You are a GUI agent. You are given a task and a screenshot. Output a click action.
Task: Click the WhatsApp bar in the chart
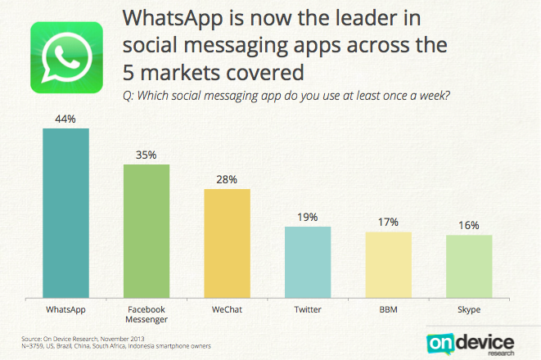pyautogui.click(x=65, y=215)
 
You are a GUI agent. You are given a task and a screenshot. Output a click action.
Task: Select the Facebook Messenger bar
pyautogui.click(x=147, y=233)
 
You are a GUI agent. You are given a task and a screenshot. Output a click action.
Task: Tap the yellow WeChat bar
pyautogui.click(x=227, y=245)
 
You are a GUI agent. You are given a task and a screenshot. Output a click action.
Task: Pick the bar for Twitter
pyautogui.click(x=308, y=264)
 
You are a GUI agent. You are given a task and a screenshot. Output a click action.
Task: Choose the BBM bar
pyautogui.click(x=388, y=268)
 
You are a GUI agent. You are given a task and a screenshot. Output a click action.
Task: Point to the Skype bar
pyautogui.click(x=469, y=269)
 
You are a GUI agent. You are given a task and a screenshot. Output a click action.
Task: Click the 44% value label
pyautogui.click(x=65, y=119)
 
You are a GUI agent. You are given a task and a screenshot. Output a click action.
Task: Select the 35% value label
pyautogui.click(x=147, y=154)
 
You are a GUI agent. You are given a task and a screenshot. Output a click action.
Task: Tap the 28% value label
pyautogui.click(x=227, y=179)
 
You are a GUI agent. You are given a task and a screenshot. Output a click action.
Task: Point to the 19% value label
pyautogui.click(x=308, y=217)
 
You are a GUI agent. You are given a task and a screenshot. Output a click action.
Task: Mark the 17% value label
pyautogui.click(x=388, y=223)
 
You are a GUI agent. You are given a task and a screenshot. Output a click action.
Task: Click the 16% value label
pyautogui.click(x=469, y=225)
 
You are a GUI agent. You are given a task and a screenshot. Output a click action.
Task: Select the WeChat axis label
pyautogui.click(x=227, y=311)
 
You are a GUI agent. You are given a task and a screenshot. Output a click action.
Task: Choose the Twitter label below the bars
pyautogui.click(x=308, y=311)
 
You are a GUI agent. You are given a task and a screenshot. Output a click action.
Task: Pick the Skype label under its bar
pyautogui.click(x=469, y=311)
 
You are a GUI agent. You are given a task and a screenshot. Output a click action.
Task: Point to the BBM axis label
pyautogui.click(x=388, y=311)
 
